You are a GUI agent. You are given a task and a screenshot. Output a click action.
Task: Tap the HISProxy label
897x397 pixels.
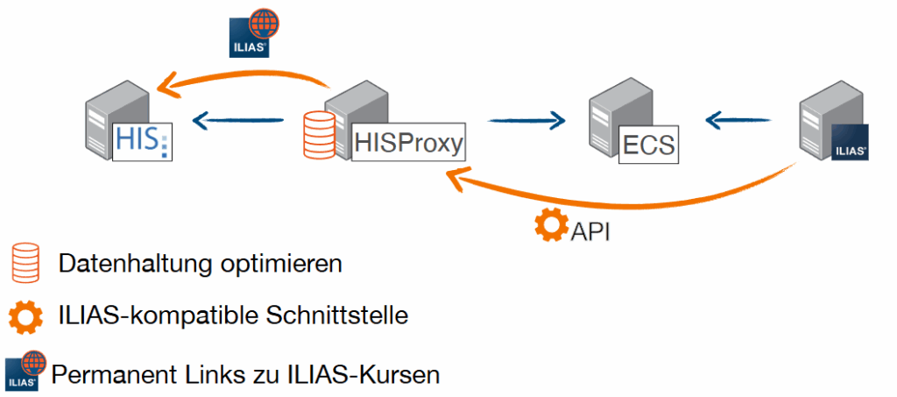pyautogui.click(x=408, y=142)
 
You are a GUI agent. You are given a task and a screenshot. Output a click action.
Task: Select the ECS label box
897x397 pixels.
pyautogui.click(x=649, y=144)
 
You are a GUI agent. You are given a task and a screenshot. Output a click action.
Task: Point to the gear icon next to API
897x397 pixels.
pyautogui.click(x=551, y=226)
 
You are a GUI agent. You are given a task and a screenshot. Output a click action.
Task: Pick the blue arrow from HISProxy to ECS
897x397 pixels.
pyautogui.click(x=526, y=120)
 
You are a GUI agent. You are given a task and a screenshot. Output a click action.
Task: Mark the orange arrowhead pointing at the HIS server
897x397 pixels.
pyautogui.click(x=166, y=86)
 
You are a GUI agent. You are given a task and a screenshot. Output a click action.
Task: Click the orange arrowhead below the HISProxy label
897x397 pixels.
pyautogui.click(x=456, y=179)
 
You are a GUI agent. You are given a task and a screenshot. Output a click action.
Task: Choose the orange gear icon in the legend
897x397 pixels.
pyautogui.click(x=24, y=316)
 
